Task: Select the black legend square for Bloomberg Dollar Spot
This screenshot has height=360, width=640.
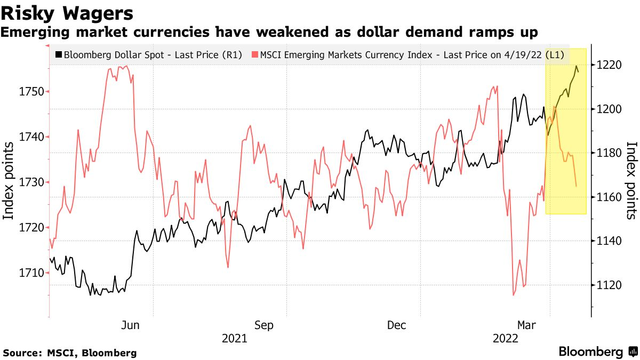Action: (59, 54)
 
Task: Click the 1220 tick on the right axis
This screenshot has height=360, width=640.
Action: (609, 65)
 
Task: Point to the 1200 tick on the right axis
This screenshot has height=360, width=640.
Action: (609, 109)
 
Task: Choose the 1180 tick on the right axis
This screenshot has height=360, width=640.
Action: (609, 153)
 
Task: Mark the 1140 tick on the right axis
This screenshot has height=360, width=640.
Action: (609, 241)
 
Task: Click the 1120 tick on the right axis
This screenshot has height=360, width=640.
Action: (609, 285)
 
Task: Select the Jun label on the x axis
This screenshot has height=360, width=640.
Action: (131, 325)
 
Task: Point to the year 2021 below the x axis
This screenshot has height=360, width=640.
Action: (234, 338)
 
